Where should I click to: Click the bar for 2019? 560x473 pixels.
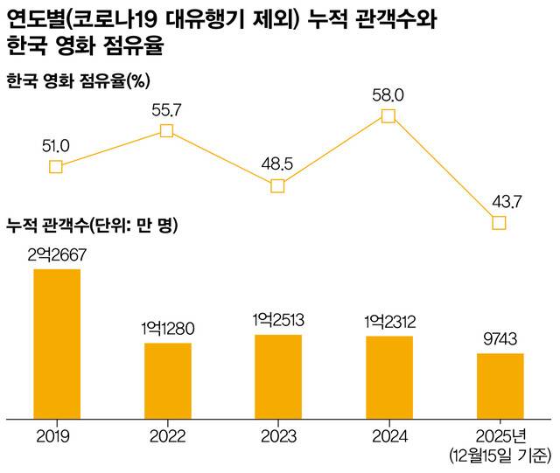(x=57, y=344)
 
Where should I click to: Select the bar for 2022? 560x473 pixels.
(x=168, y=381)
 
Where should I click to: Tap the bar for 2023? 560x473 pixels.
(x=278, y=377)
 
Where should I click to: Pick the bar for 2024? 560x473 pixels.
(x=389, y=378)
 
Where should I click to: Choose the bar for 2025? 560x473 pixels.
(x=500, y=386)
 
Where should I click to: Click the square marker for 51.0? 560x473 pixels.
(x=56, y=167)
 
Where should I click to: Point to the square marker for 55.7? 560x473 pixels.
(x=166, y=131)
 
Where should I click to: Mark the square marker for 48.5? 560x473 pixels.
(x=277, y=186)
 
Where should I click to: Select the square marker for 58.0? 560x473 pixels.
(x=388, y=116)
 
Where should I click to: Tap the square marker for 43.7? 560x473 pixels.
(x=499, y=223)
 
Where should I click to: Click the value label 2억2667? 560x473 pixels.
(x=57, y=255)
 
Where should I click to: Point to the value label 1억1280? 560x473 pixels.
(x=167, y=329)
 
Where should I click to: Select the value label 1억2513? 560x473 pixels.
(x=278, y=320)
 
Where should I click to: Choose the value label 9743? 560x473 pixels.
(x=500, y=338)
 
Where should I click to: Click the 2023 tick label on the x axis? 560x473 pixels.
(x=278, y=436)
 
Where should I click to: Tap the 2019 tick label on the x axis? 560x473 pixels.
(x=53, y=436)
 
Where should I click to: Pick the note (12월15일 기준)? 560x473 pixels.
(x=500, y=456)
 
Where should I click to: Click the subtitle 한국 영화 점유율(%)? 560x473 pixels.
(x=78, y=80)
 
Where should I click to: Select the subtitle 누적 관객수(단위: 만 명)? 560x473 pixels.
(x=92, y=226)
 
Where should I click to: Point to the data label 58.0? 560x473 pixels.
(x=388, y=95)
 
